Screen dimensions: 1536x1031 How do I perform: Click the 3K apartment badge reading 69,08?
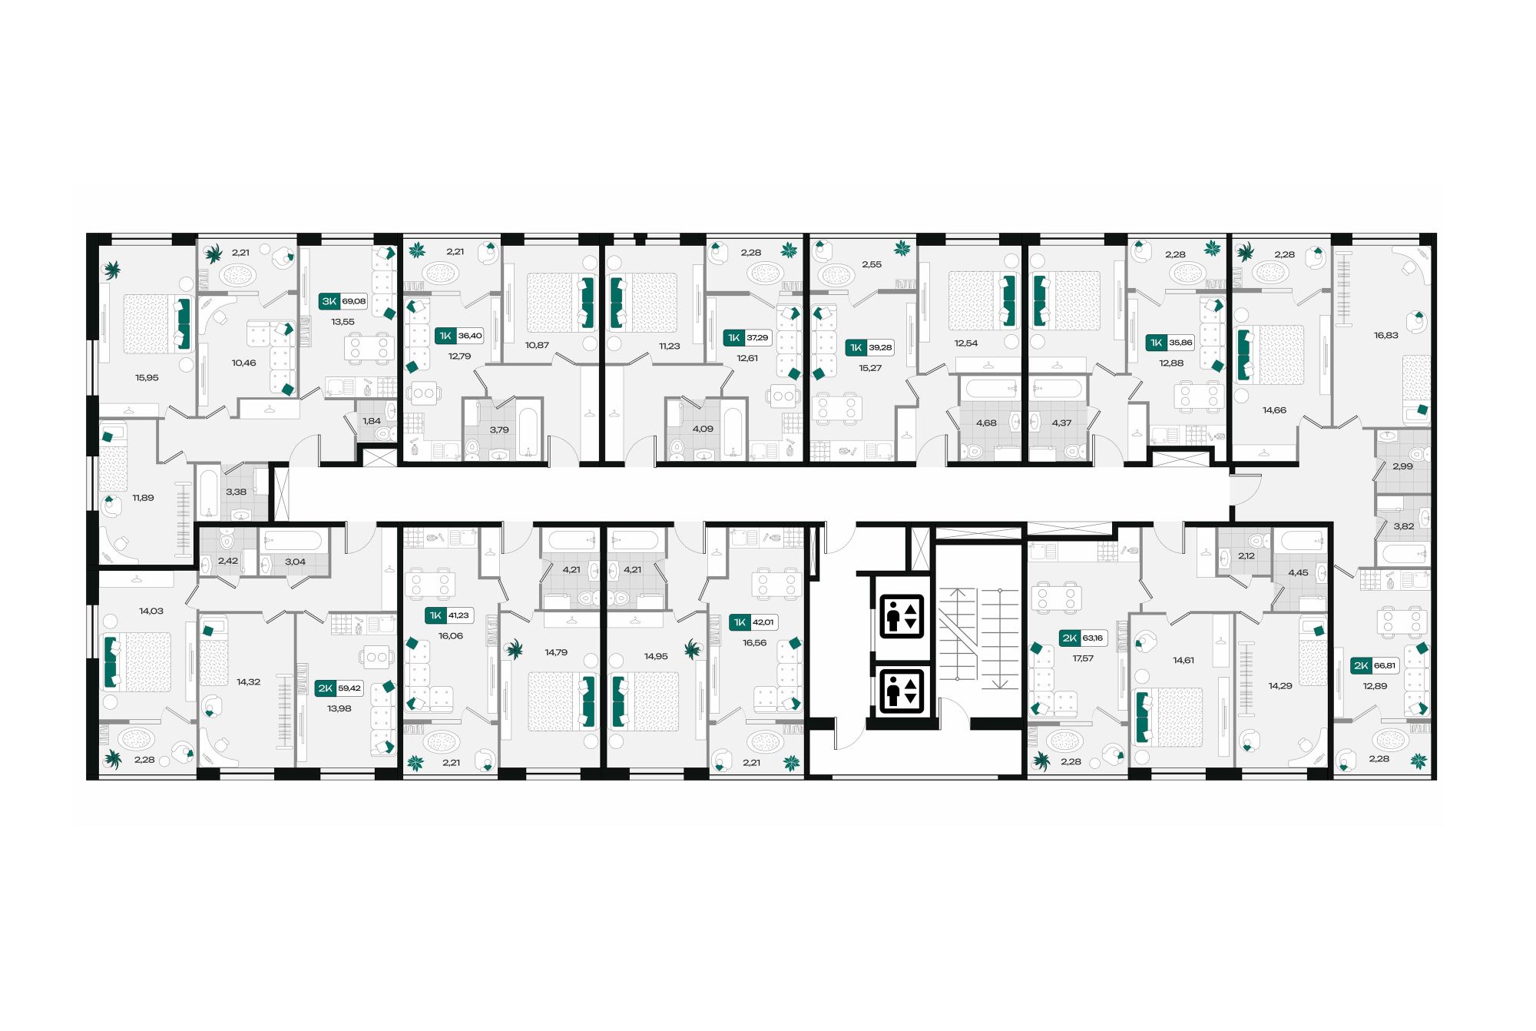click(x=343, y=301)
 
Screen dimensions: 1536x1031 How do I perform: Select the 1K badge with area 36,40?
click(x=459, y=336)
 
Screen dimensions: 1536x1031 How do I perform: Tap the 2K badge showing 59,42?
click(x=339, y=688)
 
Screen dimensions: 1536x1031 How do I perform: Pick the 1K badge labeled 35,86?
click(x=1170, y=343)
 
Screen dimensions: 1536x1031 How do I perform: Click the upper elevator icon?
click(x=901, y=616)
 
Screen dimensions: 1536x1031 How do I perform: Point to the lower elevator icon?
click(x=901, y=689)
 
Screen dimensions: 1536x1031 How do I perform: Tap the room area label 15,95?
click(x=147, y=378)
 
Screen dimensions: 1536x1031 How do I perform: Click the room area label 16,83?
click(x=1385, y=336)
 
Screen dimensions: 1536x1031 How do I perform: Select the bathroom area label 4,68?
click(x=986, y=423)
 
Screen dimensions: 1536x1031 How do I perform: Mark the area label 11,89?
click(x=143, y=498)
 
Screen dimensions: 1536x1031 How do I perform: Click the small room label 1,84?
click(x=372, y=421)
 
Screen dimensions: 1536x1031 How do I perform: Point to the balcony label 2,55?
click(x=872, y=264)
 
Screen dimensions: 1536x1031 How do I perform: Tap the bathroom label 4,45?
click(x=1298, y=573)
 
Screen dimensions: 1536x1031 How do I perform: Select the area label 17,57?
click(x=1083, y=658)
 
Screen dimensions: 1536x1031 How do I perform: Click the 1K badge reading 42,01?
click(x=753, y=622)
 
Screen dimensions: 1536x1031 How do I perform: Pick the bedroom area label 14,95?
click(x=656, y=657)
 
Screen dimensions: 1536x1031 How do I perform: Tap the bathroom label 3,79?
click(x=499, y=430)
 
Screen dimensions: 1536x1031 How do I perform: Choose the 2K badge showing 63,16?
click(x=1083, y=638)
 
